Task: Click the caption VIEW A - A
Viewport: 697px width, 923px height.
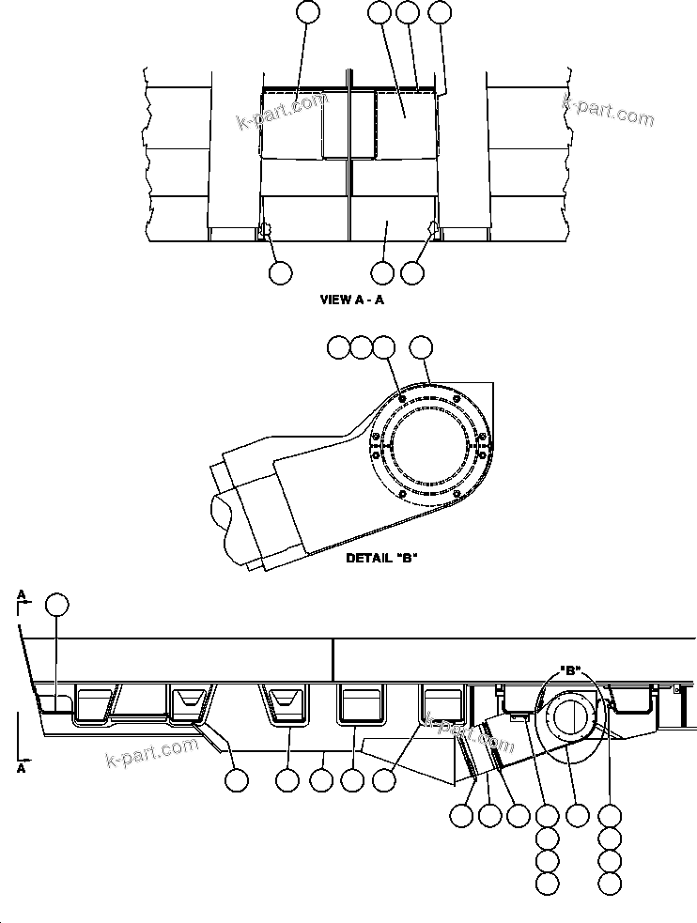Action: tap(351, 300)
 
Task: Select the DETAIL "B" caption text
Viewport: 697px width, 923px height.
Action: tap(381, 558)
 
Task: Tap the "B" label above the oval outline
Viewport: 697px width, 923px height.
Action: tap(569, 671)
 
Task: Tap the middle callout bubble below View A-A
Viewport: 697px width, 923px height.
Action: tap(382, 272)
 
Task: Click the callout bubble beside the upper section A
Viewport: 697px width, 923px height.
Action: tap(57, 605)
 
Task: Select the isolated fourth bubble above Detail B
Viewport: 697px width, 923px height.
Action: tap(423, 347)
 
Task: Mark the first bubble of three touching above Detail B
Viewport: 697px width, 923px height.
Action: tap(338, 347)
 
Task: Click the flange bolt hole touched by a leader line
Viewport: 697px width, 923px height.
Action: tap(402, 399)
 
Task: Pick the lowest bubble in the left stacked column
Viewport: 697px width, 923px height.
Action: tap(547, 883)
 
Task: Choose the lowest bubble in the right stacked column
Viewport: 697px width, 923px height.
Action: tap(611, 883)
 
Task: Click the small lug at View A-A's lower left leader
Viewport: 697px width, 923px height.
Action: tap(266, 228)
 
